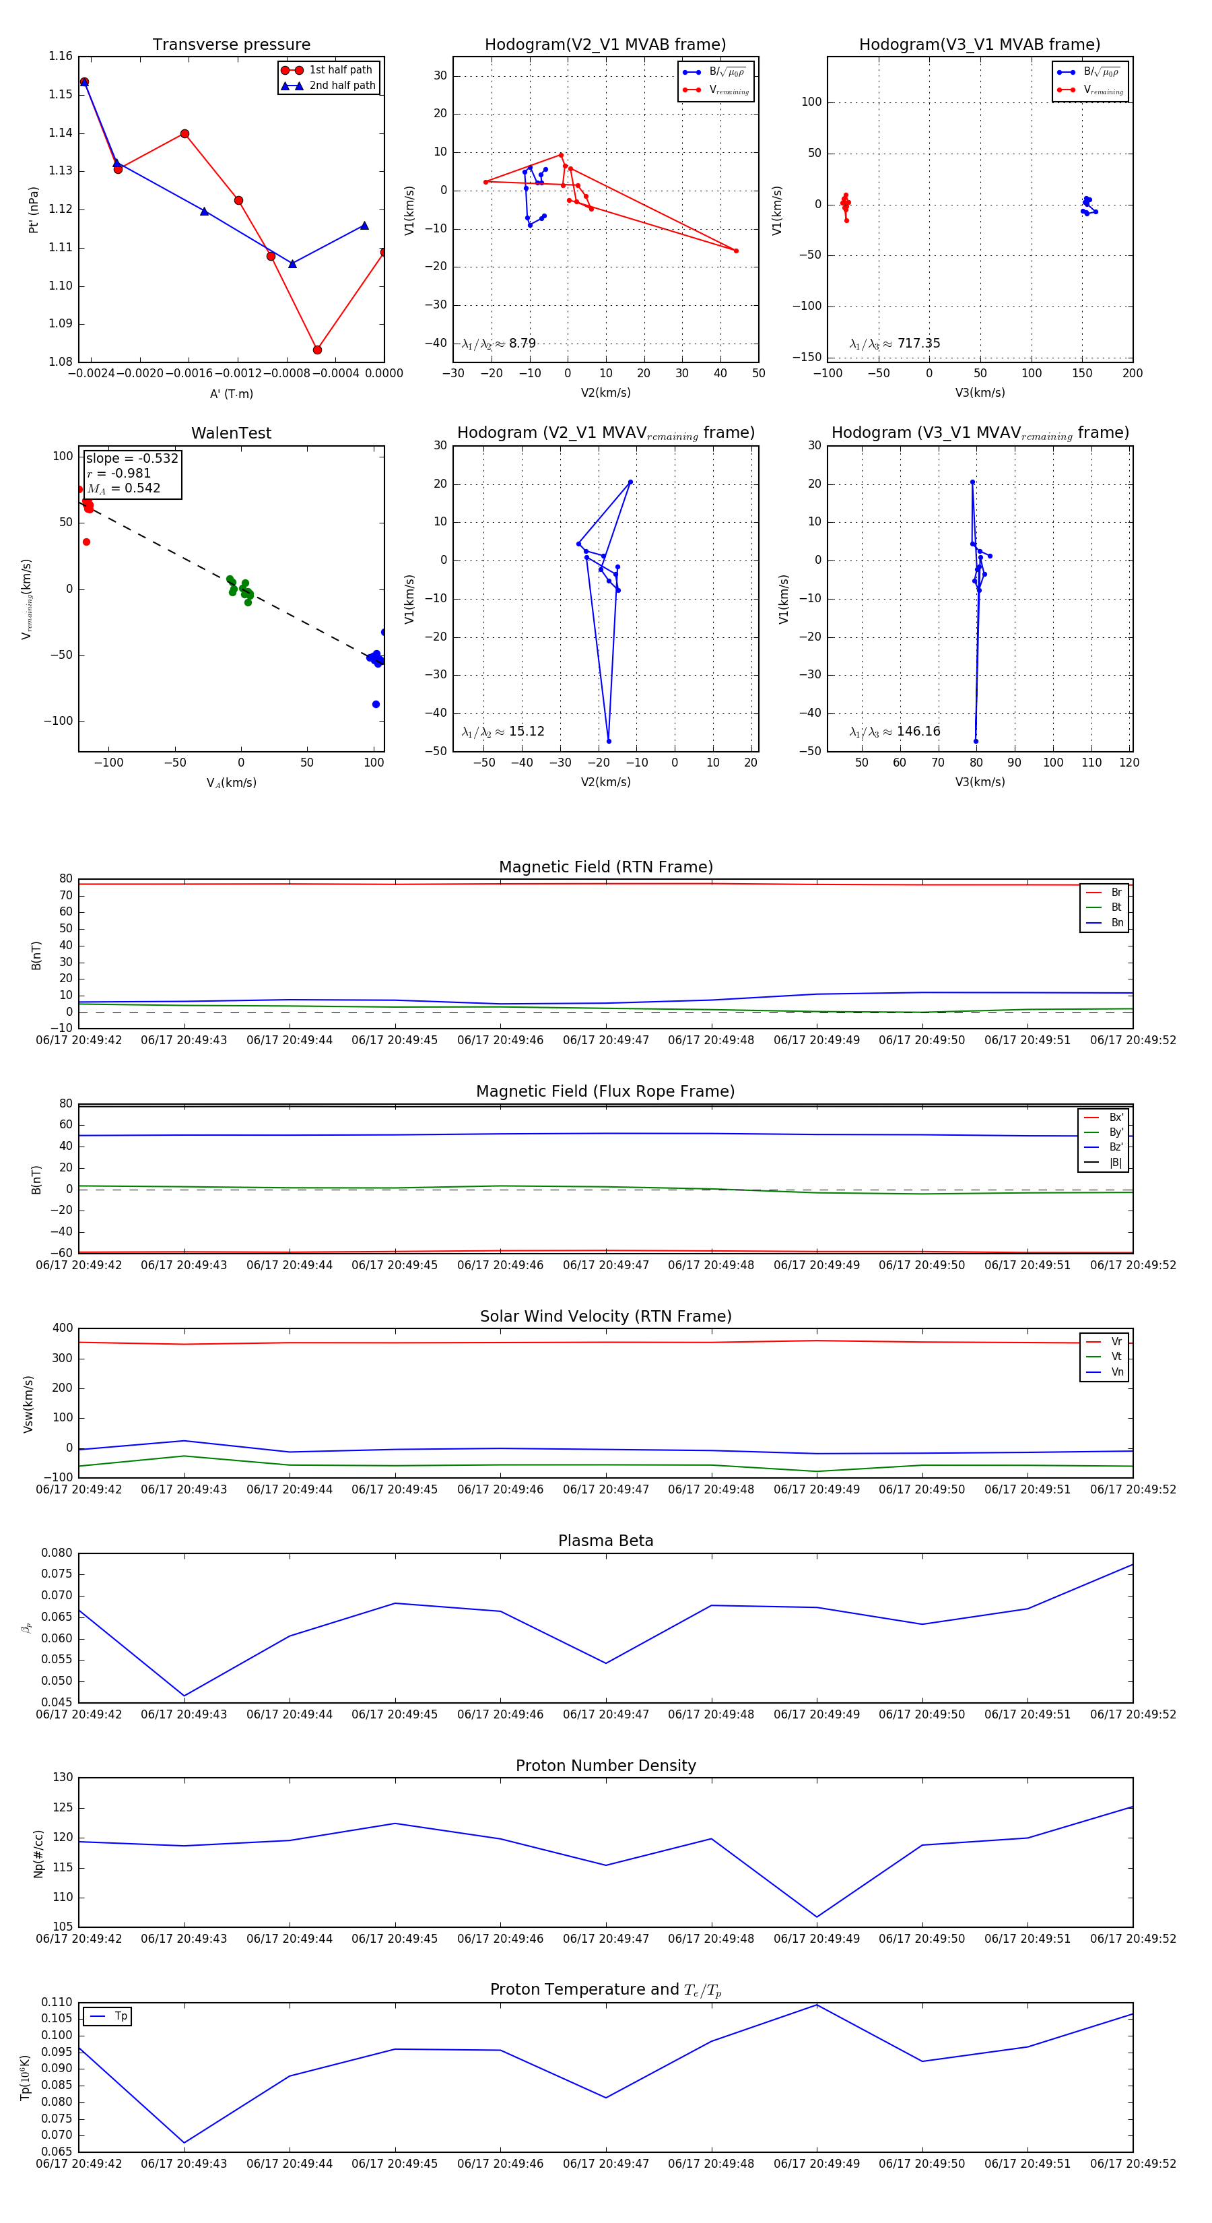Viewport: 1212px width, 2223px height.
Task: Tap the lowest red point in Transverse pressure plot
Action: [x=317, y=350]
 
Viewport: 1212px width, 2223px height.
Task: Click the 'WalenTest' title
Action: [x=231, y=433]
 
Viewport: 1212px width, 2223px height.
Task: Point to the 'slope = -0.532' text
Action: [x=132, y=458]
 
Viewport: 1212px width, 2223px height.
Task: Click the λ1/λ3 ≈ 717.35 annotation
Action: [x=895, y=344]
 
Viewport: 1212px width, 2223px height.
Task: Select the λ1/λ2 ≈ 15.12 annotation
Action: [x=503, y=732]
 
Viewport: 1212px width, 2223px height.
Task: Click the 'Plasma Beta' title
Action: [x=605, y=1541]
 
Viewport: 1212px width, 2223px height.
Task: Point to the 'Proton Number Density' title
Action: [x=605, y=1766]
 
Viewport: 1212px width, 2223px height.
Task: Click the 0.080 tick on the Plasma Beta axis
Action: [x=57, y=1553]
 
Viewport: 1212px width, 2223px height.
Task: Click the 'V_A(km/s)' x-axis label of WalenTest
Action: [x=231, y=783]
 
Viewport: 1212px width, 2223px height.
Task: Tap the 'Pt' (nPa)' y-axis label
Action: [x=34, y=210]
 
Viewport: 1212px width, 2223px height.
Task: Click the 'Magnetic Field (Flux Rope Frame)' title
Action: [x=605, y=1092]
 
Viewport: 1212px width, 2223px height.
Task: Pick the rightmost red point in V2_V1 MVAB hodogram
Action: [x=736, y=251]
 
